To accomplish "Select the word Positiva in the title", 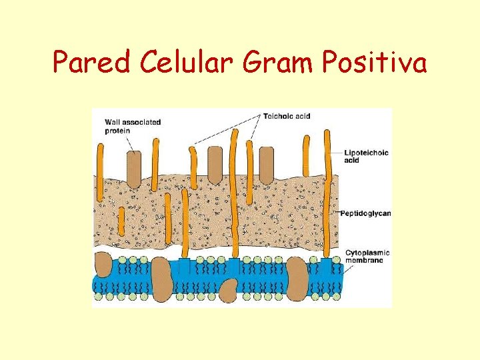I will point(375,63).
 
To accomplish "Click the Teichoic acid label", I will point(287,117).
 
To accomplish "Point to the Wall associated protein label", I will point(133,127).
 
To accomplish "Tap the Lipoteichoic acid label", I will point(365,156).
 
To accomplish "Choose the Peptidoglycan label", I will point(365,213).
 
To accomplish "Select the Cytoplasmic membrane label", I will point(367,257).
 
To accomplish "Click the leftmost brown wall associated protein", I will point(133,169).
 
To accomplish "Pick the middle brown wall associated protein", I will point(215,165).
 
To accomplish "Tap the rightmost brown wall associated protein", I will point(266,165).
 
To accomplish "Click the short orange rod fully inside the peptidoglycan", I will point(121,221).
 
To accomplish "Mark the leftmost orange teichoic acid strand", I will point(100,170).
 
